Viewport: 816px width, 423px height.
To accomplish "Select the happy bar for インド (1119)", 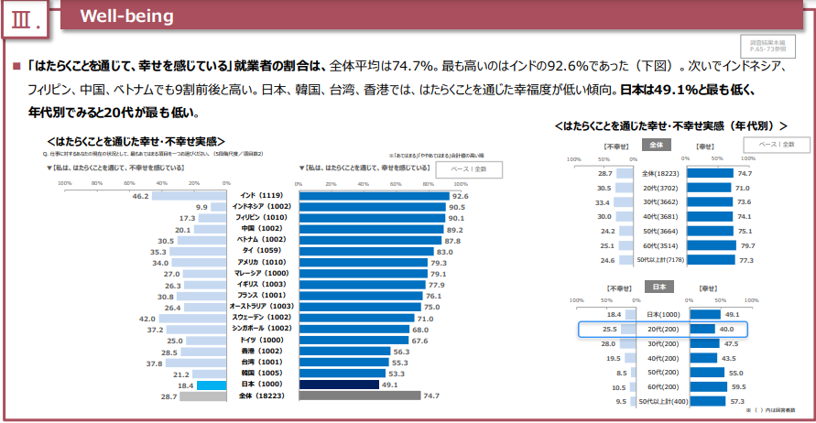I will point(374,196).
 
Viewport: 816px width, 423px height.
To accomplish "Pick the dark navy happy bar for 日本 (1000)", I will point(339,385).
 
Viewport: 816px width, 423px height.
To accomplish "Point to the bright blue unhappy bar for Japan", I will point(212,385).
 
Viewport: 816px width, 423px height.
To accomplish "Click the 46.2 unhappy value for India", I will point(141,196).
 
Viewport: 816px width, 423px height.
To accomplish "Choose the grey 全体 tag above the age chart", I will point(655,145).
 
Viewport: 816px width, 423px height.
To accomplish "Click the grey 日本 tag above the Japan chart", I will point(658,287).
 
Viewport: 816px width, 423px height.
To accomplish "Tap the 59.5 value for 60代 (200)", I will point(737,387).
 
